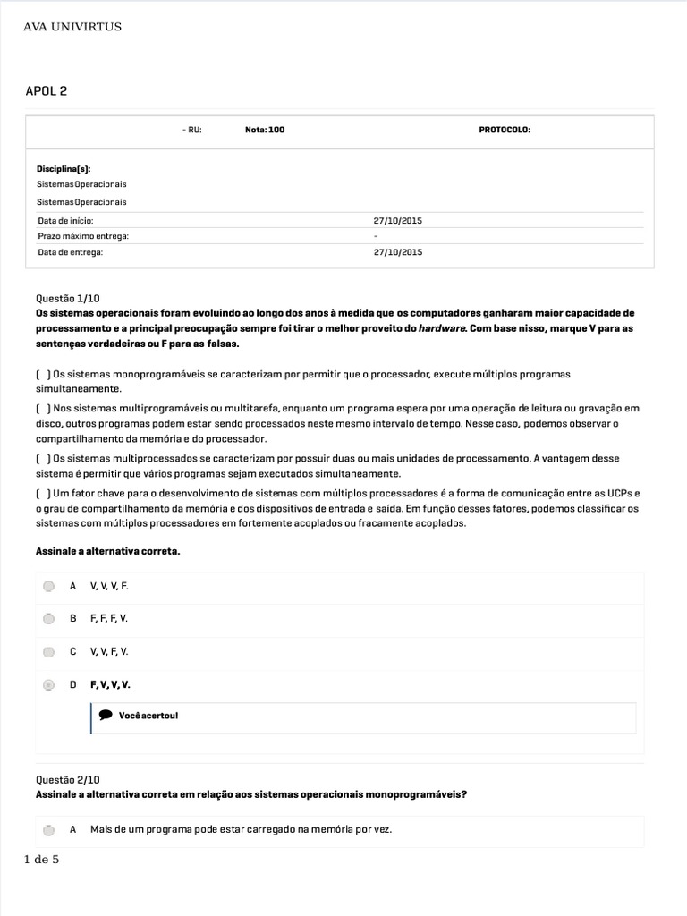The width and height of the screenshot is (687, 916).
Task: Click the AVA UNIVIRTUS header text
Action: click(72, 27)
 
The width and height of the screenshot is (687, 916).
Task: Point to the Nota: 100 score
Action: click(265, 130)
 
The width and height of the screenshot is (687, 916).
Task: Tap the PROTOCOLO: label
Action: click(505, 130)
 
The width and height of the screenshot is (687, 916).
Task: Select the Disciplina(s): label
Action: click(64, 168)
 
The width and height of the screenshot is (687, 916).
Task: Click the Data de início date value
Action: click(397, 220)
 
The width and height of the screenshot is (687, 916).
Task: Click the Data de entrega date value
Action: click(397, 252)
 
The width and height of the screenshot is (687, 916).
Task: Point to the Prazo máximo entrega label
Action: click(83, 236)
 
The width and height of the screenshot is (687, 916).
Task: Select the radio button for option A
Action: click(49, 587)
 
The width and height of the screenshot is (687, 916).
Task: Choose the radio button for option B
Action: click(49, 619)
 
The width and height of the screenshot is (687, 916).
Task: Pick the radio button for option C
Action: click(49, 652)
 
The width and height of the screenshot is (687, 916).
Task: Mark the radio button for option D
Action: click(49, 685)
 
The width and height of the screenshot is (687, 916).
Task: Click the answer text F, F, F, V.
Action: click(109, 619)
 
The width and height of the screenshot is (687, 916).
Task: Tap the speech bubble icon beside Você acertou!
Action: click(106, 716)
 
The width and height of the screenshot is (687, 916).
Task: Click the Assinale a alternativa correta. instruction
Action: click(107, 551)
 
